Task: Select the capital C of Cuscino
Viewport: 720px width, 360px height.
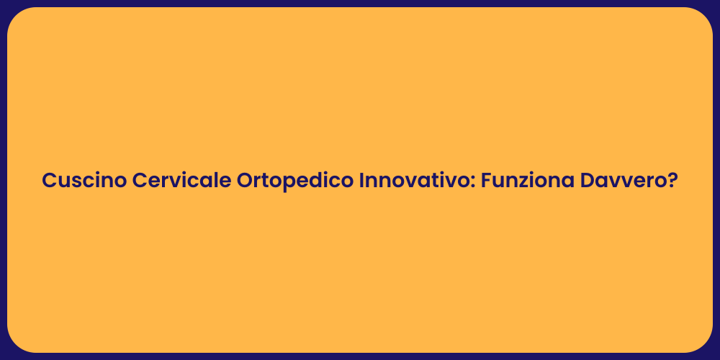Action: tap(49, 181)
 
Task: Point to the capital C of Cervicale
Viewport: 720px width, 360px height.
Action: tap(139, 181)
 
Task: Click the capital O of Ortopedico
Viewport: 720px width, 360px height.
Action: tap(245, 181)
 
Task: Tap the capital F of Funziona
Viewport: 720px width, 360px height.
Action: tap(486, 181)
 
